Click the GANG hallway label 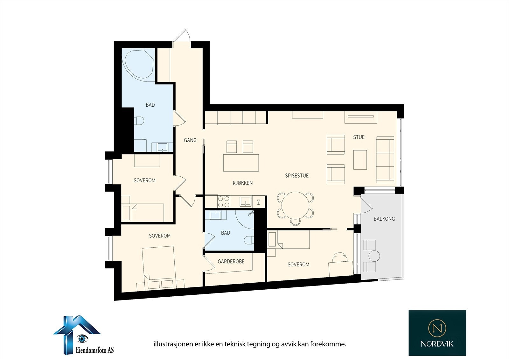pyautogui.click(x=190, y=140)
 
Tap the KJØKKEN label pyautogui.click(x=243, y=183)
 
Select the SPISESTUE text pyautogui.click(x=297, y=176)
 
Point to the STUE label pyautogui.click(x=359, y=137)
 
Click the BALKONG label pyautogui.click(x=384, y=219)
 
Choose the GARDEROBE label pyautogui.click(x=231, y=262)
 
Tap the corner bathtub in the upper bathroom pyautogui.click(x=138, y=65)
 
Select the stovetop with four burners pyautogui.click(x=224, y=201)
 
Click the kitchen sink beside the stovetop pyautogui.click(x=245, y=201)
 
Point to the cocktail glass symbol pyautogui.click(x=259, y=202)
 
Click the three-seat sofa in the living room pyautogui.click(x=385, y=160)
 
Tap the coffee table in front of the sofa pyautogui.click(x=360, y=160)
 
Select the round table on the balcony pyautogui.click(x=374, y=256)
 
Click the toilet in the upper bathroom pyautogui.click(x=139, y=121)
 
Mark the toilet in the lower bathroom pyautogui.click(x=249, y=240)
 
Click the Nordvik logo pyautogui.click(x=437, y=333)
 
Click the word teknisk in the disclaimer pyautogui.click(x=236, y=344)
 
